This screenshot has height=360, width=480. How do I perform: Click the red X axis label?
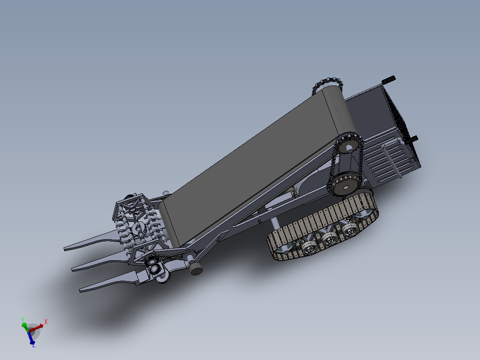(x=46, y=321)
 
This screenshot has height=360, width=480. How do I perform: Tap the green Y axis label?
(x=22, y=319)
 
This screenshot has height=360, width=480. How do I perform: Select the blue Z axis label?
(x=34, y=345)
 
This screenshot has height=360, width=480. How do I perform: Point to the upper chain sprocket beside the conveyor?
(x=348, y=145)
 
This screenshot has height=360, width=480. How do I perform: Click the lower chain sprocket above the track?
(x=344, y=188)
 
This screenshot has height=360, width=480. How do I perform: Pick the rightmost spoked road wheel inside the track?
(x=350, y=229)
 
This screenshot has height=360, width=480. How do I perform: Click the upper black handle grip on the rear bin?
(x=389, y=79)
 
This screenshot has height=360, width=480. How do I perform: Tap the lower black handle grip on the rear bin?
(x=413, y=139)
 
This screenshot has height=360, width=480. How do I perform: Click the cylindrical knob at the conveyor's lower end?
(x=195, y=268)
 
